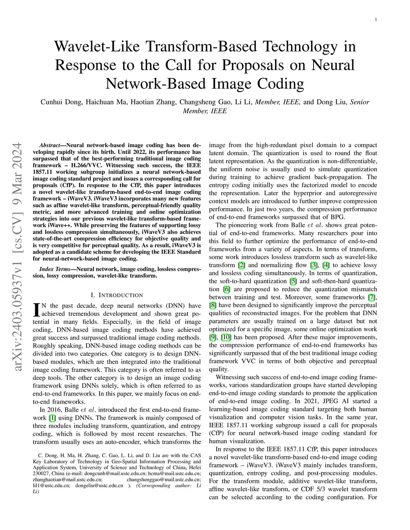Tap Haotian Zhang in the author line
154,102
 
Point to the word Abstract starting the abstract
51,145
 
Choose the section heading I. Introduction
117,295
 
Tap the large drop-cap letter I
36,309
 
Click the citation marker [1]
52,418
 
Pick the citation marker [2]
241,265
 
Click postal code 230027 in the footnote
41,474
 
